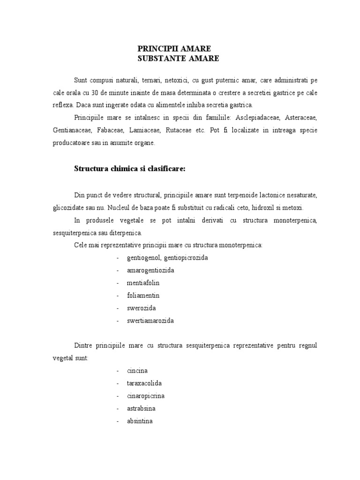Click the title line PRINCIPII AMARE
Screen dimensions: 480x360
pos(174,49)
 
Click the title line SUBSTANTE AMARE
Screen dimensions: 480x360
pos(178,59)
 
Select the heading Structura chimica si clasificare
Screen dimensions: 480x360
pos(130,169)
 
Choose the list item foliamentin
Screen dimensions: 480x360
pos(143,296)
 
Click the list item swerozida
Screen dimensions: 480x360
pos(141,308)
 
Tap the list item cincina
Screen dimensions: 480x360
pos(137,371)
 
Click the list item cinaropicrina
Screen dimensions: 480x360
pos(145,396)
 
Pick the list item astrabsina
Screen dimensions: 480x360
pos(141,408)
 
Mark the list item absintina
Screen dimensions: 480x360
pos(140,421)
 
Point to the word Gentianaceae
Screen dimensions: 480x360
pos(72,130)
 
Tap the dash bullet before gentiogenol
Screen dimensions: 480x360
pos(118,258)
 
